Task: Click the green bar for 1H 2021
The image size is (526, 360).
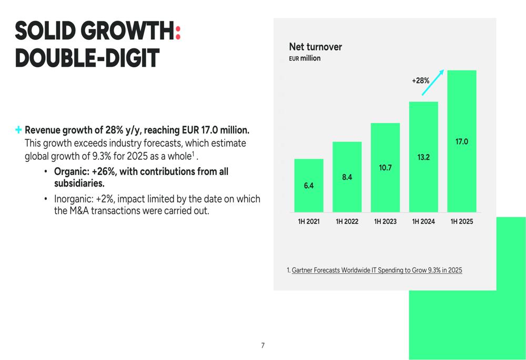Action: [309, 185]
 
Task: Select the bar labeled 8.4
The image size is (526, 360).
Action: [347, 177]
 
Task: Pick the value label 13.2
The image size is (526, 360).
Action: [423, 157]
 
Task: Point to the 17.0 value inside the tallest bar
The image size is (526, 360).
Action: [462, 141]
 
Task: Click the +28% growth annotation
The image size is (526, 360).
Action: [420, 81]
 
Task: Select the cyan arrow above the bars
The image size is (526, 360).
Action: [433, 83]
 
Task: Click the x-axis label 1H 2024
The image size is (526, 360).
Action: [423, 222]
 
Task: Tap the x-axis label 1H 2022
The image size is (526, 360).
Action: [347, 222]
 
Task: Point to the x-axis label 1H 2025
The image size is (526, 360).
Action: [462, 222]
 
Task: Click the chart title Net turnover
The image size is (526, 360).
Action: [316, 47]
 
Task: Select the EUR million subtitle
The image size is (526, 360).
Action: [305, 58]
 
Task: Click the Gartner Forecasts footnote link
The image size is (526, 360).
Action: [377, 270]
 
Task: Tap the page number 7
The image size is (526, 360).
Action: [263, 345]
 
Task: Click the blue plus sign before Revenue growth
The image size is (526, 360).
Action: [18, 129]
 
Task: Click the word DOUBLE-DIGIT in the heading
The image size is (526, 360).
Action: [86, 58]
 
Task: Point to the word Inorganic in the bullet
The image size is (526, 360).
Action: [73, 199]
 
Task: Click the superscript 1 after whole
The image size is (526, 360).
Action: [193, 154]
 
